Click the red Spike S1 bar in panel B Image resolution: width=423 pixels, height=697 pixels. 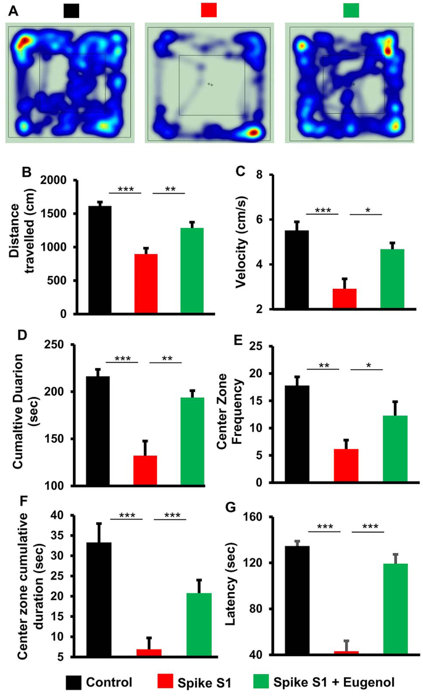pyautogui.click(x=146, y=283)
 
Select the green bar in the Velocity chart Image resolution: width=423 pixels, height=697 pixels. pyautogui.click(x=392, y=278)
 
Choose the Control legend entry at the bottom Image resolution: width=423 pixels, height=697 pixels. pyautogui.click(x=109, y=682)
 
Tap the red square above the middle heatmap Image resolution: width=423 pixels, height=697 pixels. pyautogui.click(x=209, y=10)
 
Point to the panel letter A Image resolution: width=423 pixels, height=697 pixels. pyautogui.click(x=14, y=9)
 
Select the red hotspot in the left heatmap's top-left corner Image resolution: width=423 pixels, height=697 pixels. pyautogui.click(x=23, y=42)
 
